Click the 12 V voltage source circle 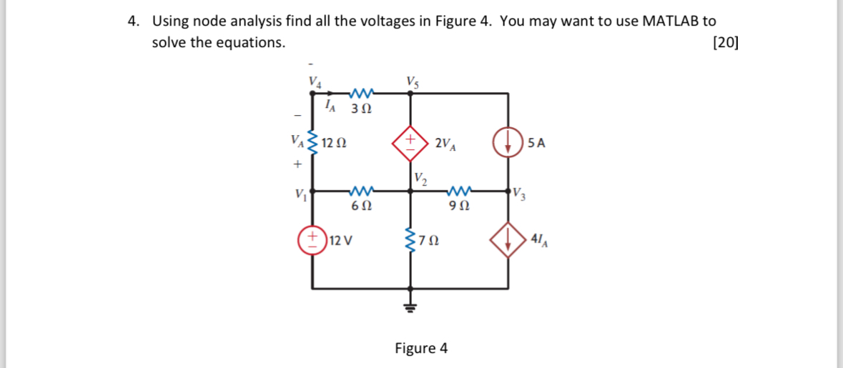point(312,239)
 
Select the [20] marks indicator point(726,42)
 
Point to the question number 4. point(133,21)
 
